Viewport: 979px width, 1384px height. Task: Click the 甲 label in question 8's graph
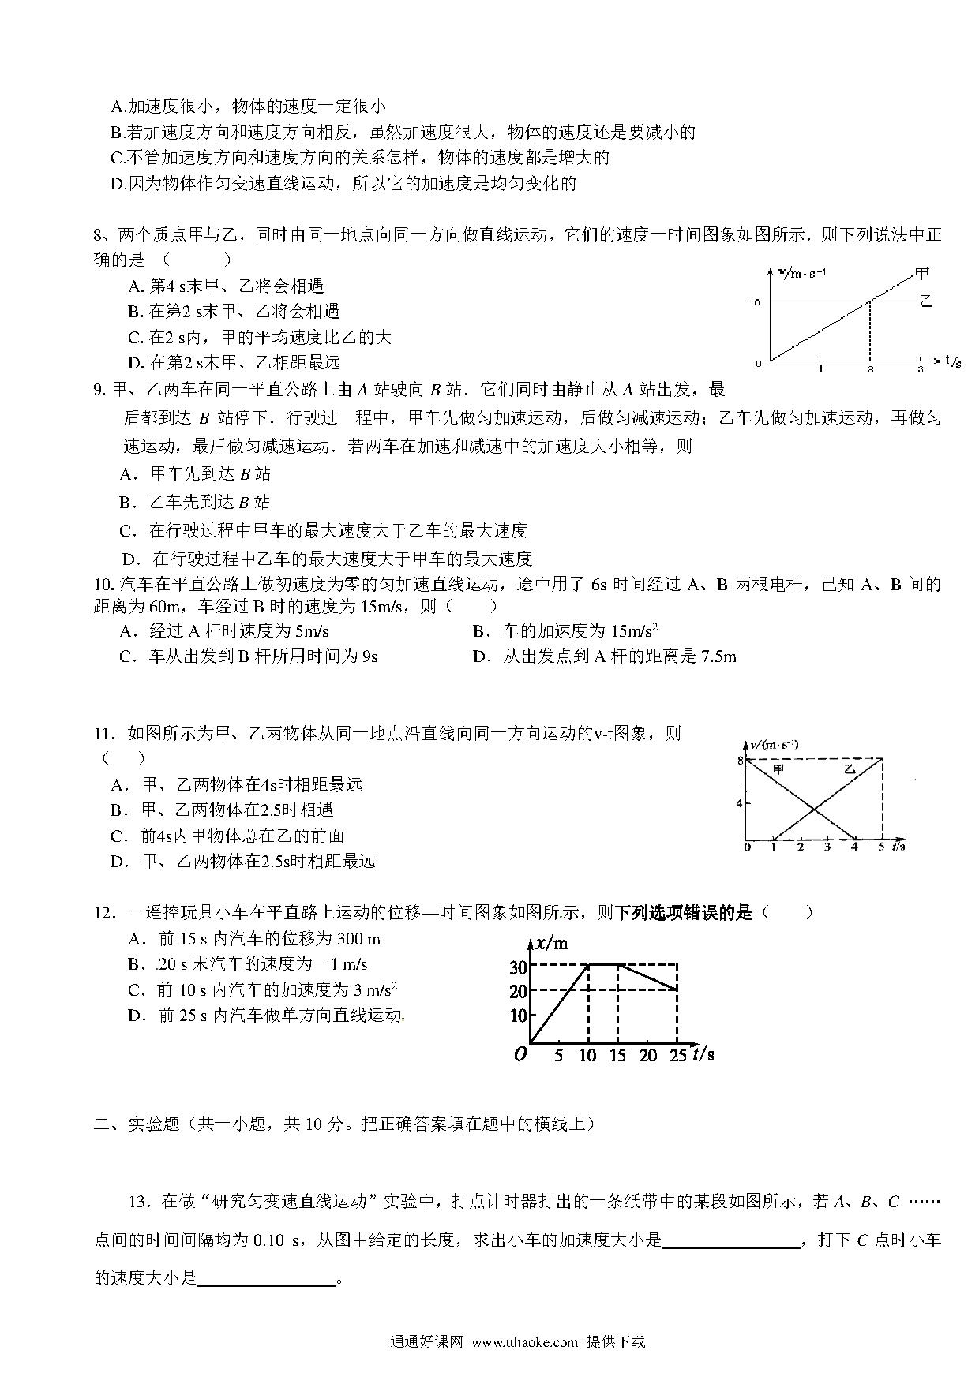coord(921,274)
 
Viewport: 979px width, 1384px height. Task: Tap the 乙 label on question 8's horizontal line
coord(926,301)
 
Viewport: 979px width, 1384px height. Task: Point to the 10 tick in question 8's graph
coord(756,302)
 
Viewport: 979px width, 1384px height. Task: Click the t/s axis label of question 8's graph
coord(953,361)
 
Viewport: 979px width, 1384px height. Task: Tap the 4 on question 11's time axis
coord(854,847)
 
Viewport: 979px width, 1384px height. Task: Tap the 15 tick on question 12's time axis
coord(617,1055)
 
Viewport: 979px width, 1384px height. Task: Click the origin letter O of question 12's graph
coord(520,1054)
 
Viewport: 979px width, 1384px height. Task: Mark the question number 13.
coord(137,1202)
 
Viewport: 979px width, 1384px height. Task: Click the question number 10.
coord(103,585)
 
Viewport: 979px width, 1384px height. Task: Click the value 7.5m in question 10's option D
coord(718,656)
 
